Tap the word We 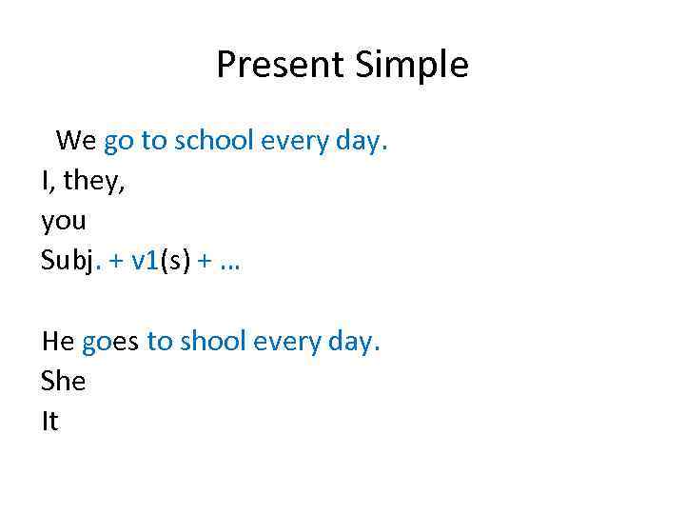tap(76, 141)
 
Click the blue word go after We tap(119, 143)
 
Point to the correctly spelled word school tap(213, 141)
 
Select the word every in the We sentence tap(294, 143)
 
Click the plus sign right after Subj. tap(115, 263)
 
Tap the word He tap(58, 341)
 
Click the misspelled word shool tap(208, 341)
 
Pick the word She tap(64, 381)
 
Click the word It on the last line tap(49, 421)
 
